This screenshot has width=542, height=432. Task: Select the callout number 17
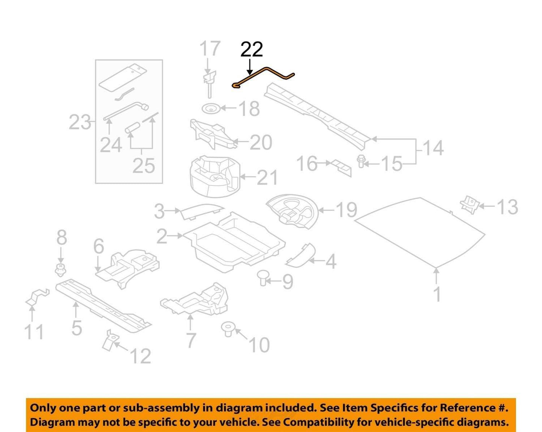click(x=210, y=49)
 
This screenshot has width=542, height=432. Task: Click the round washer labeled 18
click(x=212, y=109)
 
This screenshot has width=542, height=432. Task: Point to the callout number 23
click(x=80, y=122)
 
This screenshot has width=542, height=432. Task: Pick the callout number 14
click(x=433, y=148)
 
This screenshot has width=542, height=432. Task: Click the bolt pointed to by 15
click(x=361, y=161)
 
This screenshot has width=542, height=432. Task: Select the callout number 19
click(x=347, y=210)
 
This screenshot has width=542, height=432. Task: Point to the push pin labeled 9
click(x=263, y=278)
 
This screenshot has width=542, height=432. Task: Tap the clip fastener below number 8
click(x=60, y=270)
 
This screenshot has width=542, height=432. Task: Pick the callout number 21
click(x=267, y=177)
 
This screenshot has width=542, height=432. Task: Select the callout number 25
click(x=144, y=166)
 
